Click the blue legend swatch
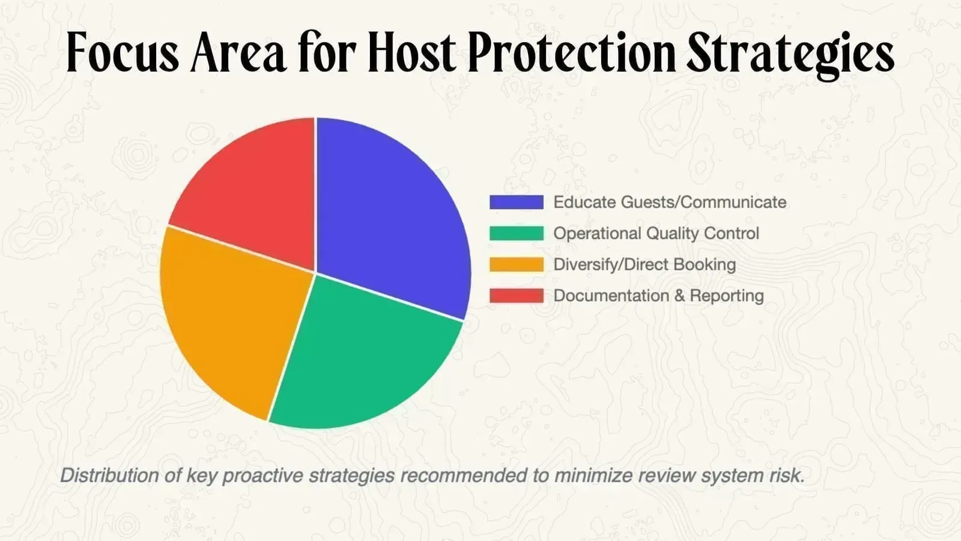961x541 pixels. [517, 202]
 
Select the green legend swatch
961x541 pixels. [517, 233]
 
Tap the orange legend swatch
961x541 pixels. [517, 264]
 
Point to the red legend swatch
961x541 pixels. [517, 296]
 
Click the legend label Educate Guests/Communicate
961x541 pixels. [670, 202]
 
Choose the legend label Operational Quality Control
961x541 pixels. [656, 234]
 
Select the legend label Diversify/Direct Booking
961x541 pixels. [645, 264]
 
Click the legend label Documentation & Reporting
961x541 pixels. [658, 296]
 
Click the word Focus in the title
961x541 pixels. [123, 52]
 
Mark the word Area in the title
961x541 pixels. [238, 52]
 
